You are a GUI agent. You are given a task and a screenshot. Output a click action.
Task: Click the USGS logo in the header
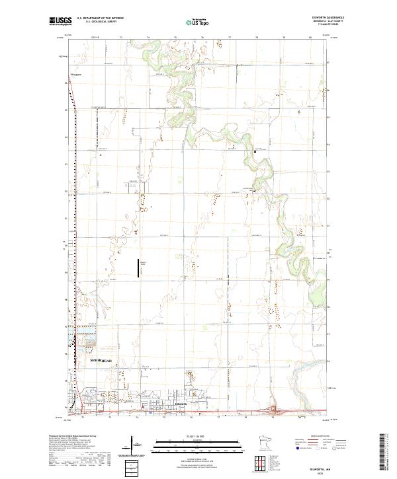(x=59, y=22)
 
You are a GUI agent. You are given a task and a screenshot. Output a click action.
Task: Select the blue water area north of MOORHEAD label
(x=72, y=340)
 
